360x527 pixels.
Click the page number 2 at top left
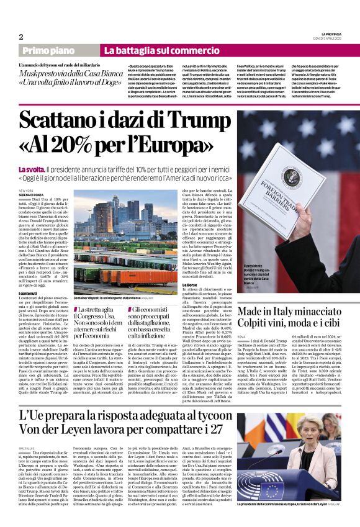(x=21, y=37)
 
